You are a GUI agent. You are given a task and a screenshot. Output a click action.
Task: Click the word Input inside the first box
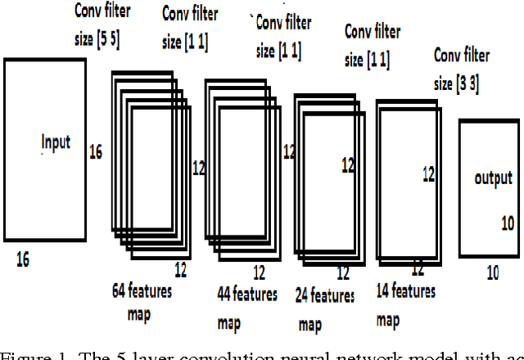(x=56, y=142)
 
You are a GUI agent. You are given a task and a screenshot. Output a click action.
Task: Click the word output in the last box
(x=493, y=178)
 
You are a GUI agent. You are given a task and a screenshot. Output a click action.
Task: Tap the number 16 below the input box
(x=22, y=260)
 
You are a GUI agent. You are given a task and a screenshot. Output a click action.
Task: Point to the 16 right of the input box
(x=96, y=151)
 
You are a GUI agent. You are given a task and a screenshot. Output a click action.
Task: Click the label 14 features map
(x=407, y=300)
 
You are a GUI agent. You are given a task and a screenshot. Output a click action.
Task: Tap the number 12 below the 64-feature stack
(x=182, y=268)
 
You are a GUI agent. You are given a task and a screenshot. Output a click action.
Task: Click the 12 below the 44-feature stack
(x=259, y=272)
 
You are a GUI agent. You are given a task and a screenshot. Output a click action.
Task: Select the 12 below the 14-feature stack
(x=417, y=268)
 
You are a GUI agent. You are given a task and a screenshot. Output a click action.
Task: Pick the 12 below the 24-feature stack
(x=342, y=272)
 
